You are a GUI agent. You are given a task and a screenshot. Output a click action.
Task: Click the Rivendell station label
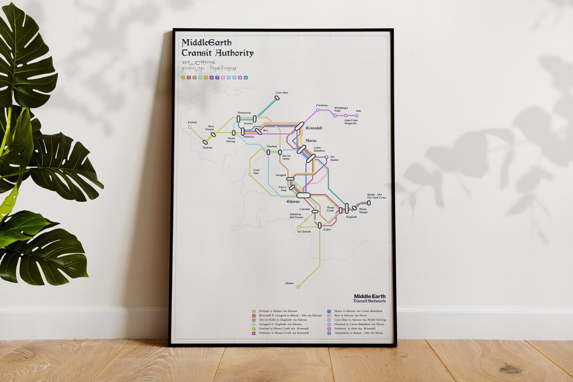click(314, 128)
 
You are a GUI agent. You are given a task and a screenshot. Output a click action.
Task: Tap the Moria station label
click(311, 140)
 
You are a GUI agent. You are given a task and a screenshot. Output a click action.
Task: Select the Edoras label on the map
click(293, 201)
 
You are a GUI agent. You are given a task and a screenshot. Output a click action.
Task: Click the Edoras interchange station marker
click(303, 195)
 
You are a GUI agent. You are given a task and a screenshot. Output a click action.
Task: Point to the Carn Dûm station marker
click(277, 98)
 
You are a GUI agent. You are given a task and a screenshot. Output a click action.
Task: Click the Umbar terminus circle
click(298, 287)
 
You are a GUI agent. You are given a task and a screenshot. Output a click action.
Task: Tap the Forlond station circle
click(189, 127)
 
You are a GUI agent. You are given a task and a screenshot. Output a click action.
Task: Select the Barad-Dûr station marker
click(369, 202)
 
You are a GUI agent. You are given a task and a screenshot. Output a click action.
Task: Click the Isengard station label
click(281, 174)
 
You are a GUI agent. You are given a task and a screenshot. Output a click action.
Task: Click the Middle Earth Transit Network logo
click(370, 298)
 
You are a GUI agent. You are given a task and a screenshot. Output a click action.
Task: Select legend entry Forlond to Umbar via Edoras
click(279, 311)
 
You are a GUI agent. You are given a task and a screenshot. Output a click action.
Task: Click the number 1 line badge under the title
click(183, 77)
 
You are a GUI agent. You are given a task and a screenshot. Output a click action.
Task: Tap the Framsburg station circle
click(318, 110)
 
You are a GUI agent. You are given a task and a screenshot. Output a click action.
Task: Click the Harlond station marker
click(205, 142)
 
